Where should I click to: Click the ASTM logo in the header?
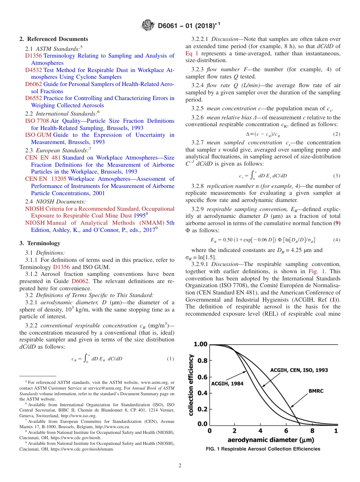click(x=147, y=25)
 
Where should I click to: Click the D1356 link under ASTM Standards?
click(x=33, y=56)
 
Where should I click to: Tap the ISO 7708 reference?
click(x=37, y=121)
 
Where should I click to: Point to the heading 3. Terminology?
click(x=40, y=243)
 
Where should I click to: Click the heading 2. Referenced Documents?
click(x=54, y=39)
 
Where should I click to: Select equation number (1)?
click(x=171, y=358)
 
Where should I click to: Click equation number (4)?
click(x=337, y=240)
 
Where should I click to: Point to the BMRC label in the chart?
click(x=316, y=391)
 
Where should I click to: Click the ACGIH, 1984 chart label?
click(x=227, y=383)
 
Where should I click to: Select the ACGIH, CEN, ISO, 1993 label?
click(x=299, y=369)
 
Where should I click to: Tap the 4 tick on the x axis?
click(x=260, y=431)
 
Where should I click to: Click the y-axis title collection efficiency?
click(x=192, y=385)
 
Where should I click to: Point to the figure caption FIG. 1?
click(x=263, y=449)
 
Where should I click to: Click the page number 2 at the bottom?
click(x=180, y=466)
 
